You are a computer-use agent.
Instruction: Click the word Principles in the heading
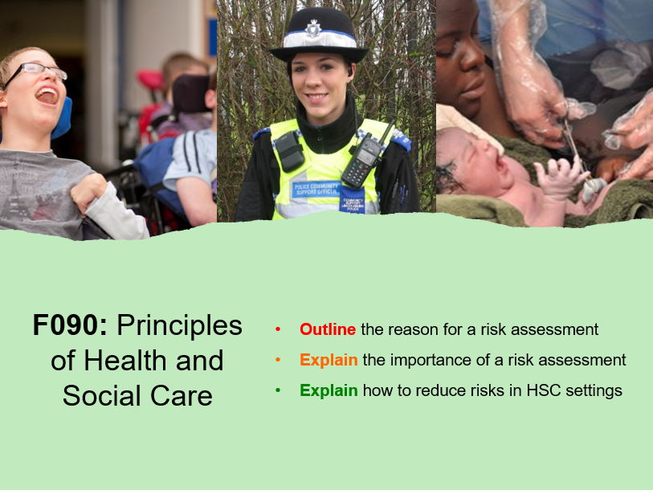point(179,325)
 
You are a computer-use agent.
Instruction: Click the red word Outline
point(328,329)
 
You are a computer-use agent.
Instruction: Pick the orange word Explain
point(329,360)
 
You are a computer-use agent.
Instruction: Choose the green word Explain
point(329,391)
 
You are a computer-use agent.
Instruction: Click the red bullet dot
point(278,329)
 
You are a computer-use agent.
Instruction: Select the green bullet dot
point(278,391)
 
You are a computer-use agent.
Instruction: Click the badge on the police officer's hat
point(316,28)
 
